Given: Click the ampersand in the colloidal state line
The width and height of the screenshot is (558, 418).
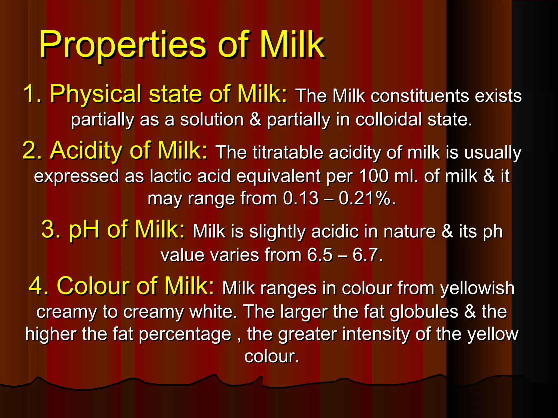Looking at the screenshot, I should (255, 120).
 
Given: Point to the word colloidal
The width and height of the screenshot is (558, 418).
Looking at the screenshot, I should (389, 120).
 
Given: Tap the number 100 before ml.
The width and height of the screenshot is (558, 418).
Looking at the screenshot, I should (374, 176).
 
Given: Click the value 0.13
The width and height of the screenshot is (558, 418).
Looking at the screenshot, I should (301, 198).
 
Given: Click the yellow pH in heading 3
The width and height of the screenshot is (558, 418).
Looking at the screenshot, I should (84, 230).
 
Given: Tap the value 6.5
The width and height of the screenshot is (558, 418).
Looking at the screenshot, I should (320, 256).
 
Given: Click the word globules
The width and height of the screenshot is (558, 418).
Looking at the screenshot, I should (424, 312).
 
